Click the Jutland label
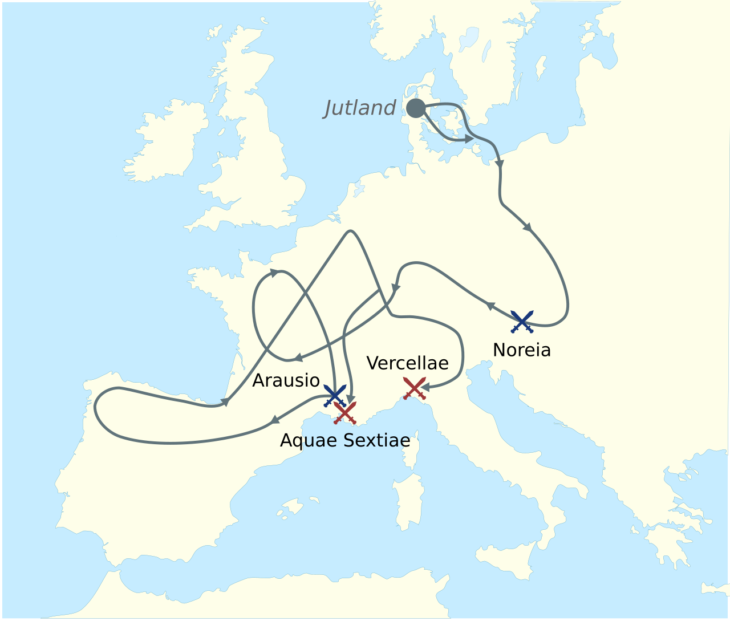(x=360, y=107)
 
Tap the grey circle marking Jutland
(x=416, y=108)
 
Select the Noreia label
(x=522, y=350)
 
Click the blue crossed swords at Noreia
(x=522, y=322)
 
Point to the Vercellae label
(x=407, y=363)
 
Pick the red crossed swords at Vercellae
(x=414, y=388)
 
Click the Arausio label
(x=286, y=380)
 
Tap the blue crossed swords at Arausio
(x=335, y=395)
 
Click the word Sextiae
(x=377, y=440)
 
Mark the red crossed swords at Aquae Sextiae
(x=345, y=413)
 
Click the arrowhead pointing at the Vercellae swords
(x=425, y=387)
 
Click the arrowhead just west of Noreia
(x=489, y=306)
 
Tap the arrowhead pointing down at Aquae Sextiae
(x=351, y=399)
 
